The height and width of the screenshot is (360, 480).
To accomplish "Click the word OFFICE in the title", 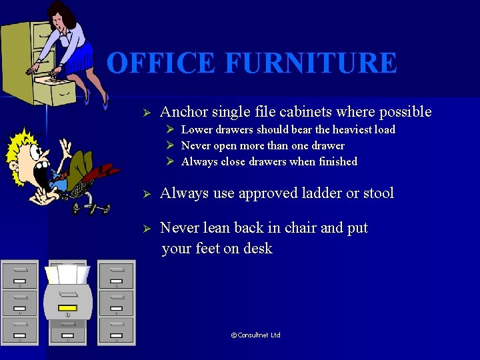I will pos(161,63).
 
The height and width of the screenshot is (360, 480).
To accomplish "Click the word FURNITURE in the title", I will pos(311,63).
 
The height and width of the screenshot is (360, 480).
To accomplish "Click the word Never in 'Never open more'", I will pos(195,145).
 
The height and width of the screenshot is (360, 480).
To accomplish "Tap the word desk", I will pos(258,249).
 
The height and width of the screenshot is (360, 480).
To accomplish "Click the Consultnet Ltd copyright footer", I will pos(255,335).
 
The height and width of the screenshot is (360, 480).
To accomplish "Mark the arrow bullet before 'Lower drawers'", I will pos(171,130).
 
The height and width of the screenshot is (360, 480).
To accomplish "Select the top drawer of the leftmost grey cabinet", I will pos(20,275).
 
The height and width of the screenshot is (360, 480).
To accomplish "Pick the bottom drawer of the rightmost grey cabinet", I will pos(116,329).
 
